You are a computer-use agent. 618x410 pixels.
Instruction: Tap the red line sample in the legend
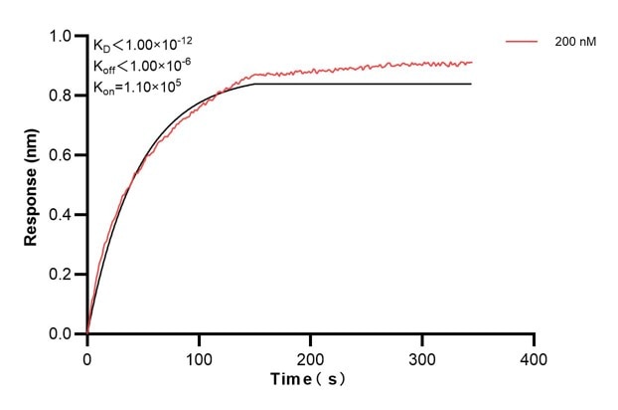pyautogui.click(x=523, y=43)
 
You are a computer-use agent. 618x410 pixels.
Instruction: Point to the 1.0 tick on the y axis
pyautogui.click(x=61, y=37)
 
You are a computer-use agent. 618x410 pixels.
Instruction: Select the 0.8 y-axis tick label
pyautogui.click(x=61, y=97)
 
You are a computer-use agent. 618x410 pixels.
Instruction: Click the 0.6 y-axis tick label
pyautogui.click(x=61, y=155)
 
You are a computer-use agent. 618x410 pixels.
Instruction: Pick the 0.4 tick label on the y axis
pyautogui.click(x=61, y=215)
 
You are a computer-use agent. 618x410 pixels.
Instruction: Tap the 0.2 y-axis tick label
pyautogui.click(x=61, y=275)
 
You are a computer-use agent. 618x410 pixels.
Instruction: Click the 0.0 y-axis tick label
pyautogui.click(x=61, y=334)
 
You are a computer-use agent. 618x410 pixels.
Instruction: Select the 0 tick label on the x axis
pyautogui.click(x=87, y=356)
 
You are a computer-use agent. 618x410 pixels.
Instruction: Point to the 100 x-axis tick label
pyautogui.click(x=199, y=356)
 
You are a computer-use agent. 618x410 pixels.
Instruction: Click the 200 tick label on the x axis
pyautogui.click(x=311, y=356)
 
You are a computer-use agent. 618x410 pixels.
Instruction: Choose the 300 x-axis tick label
pyautogui.click(x=422, y=356)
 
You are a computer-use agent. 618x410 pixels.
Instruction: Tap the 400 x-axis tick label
pyautogui.click(x=535, y=356)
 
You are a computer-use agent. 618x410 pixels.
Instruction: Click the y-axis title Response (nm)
pyautogui.click(x=33, y=184)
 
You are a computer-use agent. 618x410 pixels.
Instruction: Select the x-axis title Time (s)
pyautogui.click(x=309, y=380)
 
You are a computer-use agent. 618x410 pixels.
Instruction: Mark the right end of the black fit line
pyautogui.click(x=471, y=84)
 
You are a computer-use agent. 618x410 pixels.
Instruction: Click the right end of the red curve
pyautogui.click(x=472, y=62)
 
